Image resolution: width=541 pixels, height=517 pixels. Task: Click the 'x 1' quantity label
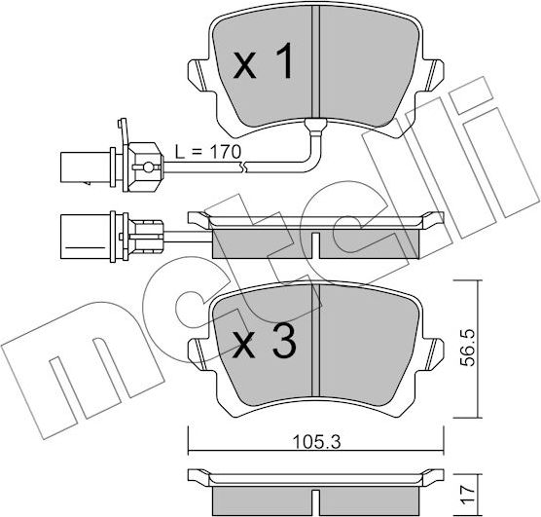(x=263, y=65)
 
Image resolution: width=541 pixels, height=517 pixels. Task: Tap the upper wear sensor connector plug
(x=87, y=164)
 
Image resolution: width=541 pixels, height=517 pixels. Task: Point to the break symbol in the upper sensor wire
(x=247, y=169)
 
